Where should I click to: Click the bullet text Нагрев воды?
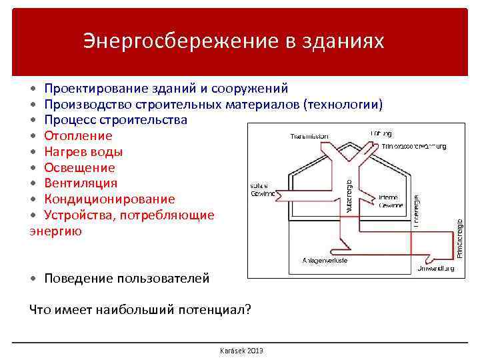coord(83,152)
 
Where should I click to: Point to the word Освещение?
coord(79,168)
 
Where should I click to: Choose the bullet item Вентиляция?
coord(81,183)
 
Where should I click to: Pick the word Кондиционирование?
coord(109,199)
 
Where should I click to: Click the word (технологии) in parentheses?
coord(343,105)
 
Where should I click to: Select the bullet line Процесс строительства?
coord(115,120)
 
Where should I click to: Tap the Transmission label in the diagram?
coord(309,137)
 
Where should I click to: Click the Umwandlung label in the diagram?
coord(436,268)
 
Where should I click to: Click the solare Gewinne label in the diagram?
coord(262,189)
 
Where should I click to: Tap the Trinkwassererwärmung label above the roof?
coord(413,146)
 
